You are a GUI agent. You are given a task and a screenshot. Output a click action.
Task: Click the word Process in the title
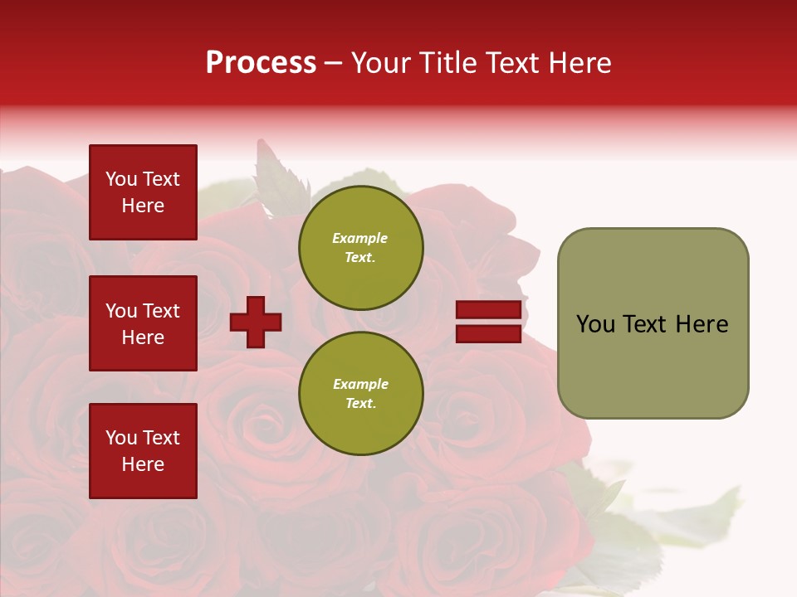click(x=261, y=63)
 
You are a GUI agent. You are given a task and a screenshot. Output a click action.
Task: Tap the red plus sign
click(x=256, y=322)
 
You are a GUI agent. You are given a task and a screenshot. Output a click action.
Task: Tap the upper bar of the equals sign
click(x=489, y=310)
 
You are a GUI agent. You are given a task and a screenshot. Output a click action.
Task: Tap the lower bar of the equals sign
click(x=489, y=333)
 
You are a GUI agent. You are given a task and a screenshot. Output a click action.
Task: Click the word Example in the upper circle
click(x=359, y=238)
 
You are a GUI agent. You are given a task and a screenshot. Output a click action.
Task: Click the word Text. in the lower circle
click(x=360, y=403)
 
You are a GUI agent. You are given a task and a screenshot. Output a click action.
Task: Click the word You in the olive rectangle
click(x=595, y=324)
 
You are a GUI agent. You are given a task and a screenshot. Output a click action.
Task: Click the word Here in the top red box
click(x=143, y=206)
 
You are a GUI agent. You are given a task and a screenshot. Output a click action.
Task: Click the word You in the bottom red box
click(x=121, y=438)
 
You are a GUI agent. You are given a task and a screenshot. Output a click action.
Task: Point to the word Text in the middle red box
click(x=160, y=311)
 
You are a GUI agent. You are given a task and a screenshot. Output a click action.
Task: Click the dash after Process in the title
click(x=333, y=64)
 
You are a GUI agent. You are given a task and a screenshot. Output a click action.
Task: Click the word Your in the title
click(x=379, y=63)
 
